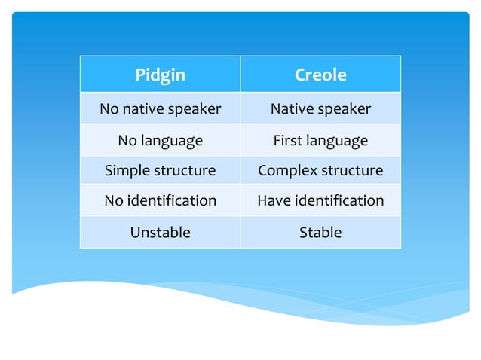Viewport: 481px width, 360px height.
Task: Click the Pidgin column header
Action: click(160, 75)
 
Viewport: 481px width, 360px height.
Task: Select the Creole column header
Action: click(320, 75)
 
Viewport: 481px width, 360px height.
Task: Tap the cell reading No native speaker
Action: click(160, 109)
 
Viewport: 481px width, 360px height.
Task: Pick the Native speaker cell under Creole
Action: click(320, 109)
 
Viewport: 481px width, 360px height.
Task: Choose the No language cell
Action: click(160, 140)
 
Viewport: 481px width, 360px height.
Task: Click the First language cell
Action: click(320, 140)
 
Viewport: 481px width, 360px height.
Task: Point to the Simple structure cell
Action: click(160, 171)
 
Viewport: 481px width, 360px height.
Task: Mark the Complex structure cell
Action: click(320, 171)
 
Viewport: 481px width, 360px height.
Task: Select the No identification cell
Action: click(160, 201)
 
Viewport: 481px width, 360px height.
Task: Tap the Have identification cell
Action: click(320, 201)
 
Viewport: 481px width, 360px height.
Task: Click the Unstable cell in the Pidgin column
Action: click(160, 233)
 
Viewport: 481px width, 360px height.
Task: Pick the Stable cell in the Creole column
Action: click(320, 233)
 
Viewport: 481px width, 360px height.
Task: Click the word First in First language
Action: click(287, 140)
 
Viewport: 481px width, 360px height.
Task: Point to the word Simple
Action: click(127, 171)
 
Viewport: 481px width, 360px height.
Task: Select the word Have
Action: click(273, 201)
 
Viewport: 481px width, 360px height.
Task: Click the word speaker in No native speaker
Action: click(195, 109)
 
